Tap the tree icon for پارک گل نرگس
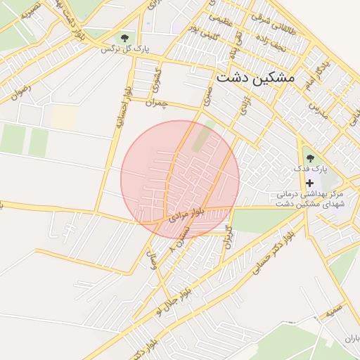[124, 37]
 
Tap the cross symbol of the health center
[309, 183]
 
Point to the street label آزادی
[245, 106]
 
